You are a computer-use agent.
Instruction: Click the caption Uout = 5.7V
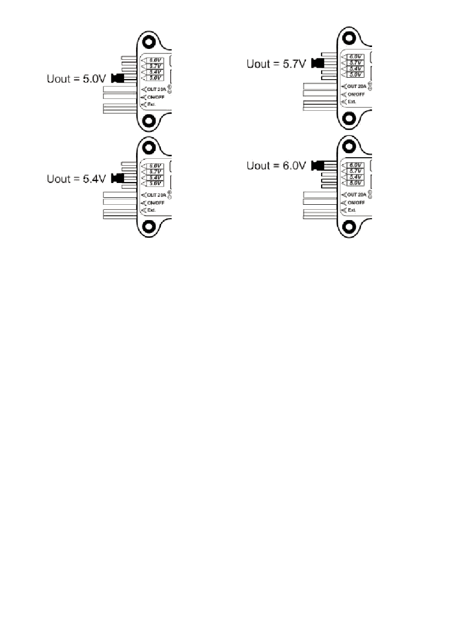tap(277, 63)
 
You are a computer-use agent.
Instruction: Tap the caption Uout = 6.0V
tap(277, 166)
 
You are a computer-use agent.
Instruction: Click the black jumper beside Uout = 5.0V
tap(117, 78)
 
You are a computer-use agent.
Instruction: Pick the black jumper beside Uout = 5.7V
tap(317, 63)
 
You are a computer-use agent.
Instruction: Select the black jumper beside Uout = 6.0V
tap(317, 166)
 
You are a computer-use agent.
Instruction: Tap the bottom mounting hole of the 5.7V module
tap(349, 118)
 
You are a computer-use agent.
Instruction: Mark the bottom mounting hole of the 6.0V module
tap(349, 227)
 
